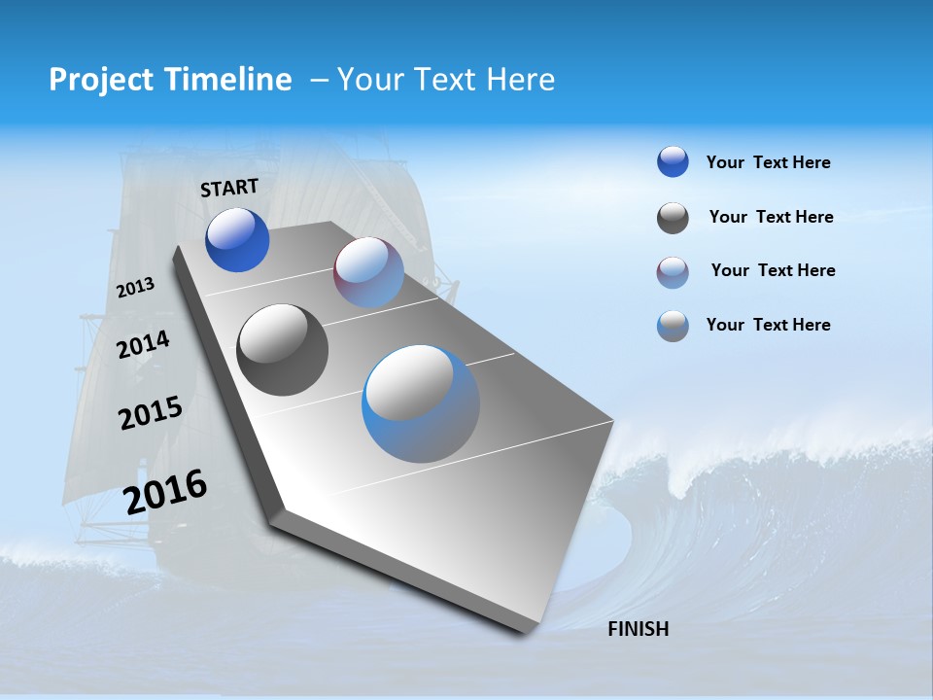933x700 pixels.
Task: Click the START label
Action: (x=229, y=187)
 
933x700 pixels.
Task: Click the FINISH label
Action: (x=639, y=629)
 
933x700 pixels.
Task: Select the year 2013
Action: (x=135, y=288)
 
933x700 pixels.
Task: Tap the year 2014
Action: (x=143, y=344)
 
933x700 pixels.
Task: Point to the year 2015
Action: (x=151, y=413)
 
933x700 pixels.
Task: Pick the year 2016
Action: (x=165, y=491)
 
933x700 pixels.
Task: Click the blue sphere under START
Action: (x=237, y=240)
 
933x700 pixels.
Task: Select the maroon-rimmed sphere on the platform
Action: (x=368, y=272)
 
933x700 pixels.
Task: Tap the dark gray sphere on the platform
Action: (x=283, y=350)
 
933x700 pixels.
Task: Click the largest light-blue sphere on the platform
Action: (x=421, y=403)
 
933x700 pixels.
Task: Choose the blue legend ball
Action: (x=673, y=162)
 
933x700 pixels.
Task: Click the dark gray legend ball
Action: (x=673, y=218)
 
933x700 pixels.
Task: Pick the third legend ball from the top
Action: (x=673, y=272)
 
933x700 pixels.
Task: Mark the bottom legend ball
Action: (x=673, y=326)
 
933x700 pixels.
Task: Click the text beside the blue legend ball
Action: (x=768, y=162)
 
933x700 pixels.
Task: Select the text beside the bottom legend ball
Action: (x=768, y=325)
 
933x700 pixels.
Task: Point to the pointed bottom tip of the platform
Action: (x=526, y=632)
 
